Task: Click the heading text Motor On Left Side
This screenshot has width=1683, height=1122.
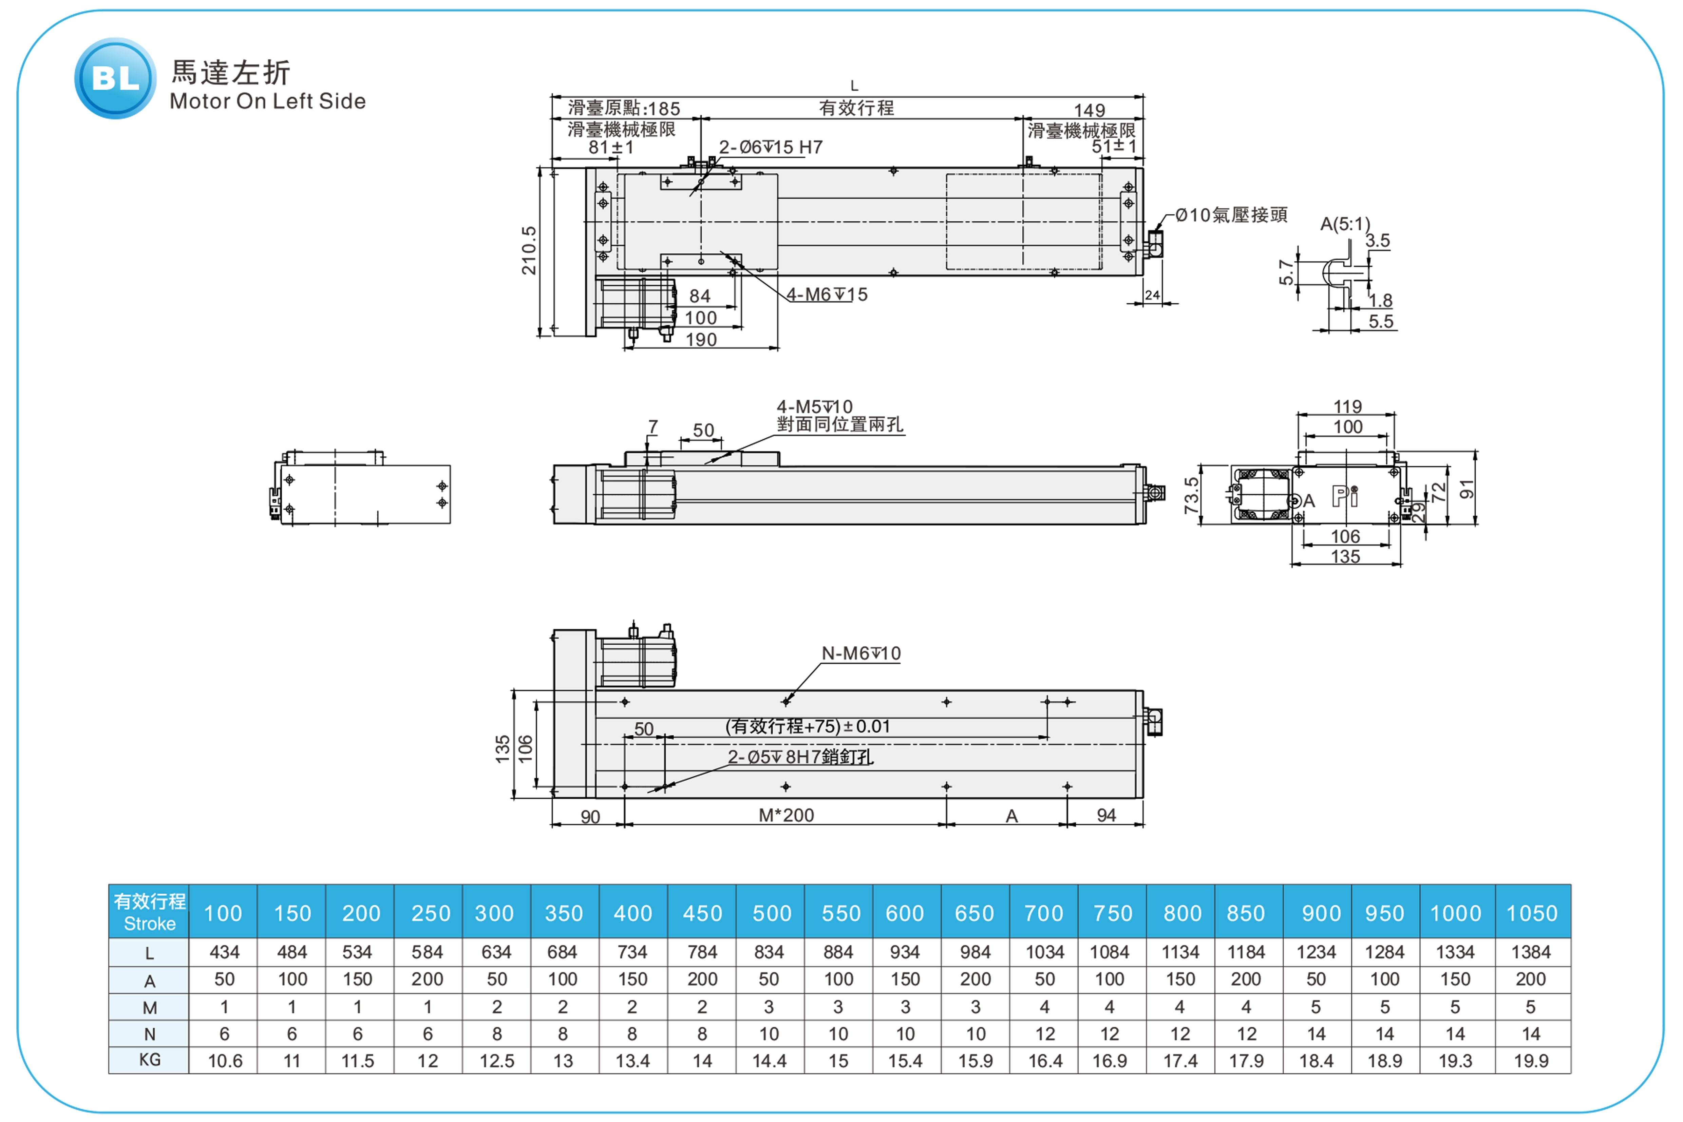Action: (x=268, y=101)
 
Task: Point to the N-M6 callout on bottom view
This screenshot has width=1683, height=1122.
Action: (x=861, y=653)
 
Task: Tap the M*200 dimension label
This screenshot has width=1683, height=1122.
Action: (x=786, y=815)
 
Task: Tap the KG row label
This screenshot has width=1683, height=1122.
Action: (x=150, y=1060)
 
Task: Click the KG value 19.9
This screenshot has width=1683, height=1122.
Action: (x=1531, y=1061)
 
